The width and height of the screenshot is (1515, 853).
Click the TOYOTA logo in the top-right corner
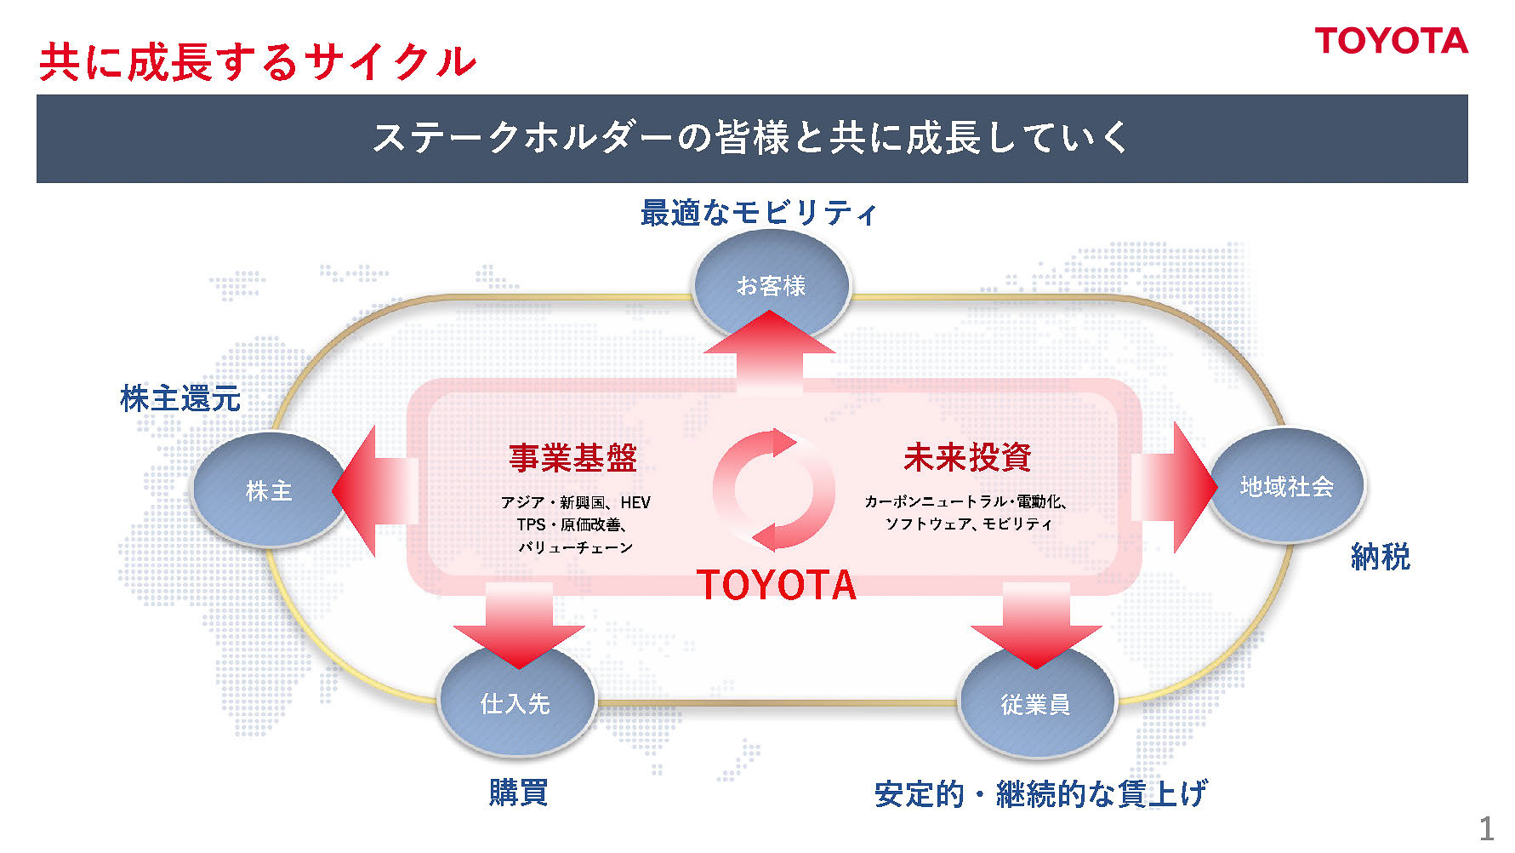[x=1391, y=41]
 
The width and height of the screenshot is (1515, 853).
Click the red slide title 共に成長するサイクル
[x=257, y=62]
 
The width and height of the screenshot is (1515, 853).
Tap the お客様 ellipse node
[x=771, y=285]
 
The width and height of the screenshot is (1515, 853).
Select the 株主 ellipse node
[x=268, y=491]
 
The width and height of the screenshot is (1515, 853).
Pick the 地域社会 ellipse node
[x=1286, y=486]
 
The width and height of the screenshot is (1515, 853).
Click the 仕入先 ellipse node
[x=515, y=704]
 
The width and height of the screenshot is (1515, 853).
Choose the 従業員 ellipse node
[x=1035, y=704]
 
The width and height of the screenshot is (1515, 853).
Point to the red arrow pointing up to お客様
[x=769, y=351]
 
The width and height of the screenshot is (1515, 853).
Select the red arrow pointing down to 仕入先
[x=519, y=625]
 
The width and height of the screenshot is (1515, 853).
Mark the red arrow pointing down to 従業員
[x=1036, y=625]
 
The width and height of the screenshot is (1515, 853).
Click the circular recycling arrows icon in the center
[x=774, y=490]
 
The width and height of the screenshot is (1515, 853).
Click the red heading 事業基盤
[x=573, y=458]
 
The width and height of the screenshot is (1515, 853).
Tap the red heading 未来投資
[x=967, y=457]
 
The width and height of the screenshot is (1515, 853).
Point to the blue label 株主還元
[x=180, y=398]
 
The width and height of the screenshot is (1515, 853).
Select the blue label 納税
[x=1380, y=557]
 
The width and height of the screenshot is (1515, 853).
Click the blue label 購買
[x=518, y=792]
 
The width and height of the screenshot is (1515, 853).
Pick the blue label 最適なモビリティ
[x=758, y=213]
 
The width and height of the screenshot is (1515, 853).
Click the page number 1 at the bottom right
[x=1486, y=828]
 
